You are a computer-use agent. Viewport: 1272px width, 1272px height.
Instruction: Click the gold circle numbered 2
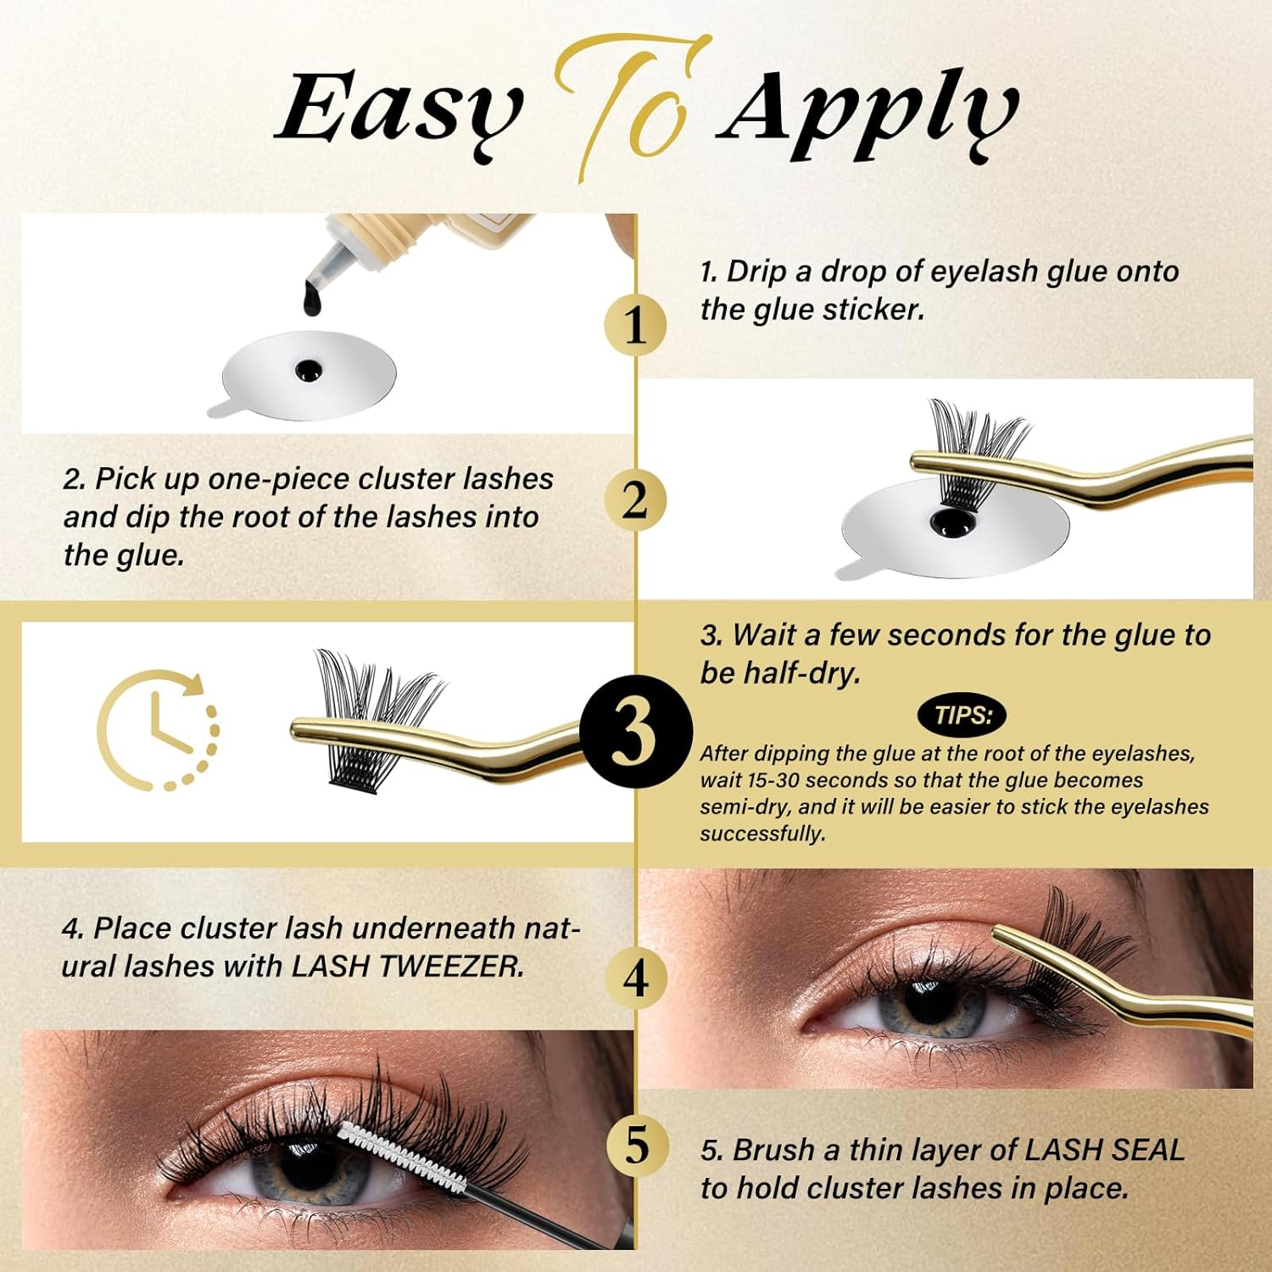tap(635, 500)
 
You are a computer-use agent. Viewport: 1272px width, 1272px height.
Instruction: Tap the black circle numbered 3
tap(635, 732)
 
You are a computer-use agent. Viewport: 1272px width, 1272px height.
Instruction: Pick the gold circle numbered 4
tap(635, 979)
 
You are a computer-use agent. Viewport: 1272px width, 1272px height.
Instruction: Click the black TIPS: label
tap(962, 715)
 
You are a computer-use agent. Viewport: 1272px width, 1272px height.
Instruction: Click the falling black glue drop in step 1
tap(311, 298)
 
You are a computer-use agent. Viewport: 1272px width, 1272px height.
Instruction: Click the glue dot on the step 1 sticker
tap(307, 370)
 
